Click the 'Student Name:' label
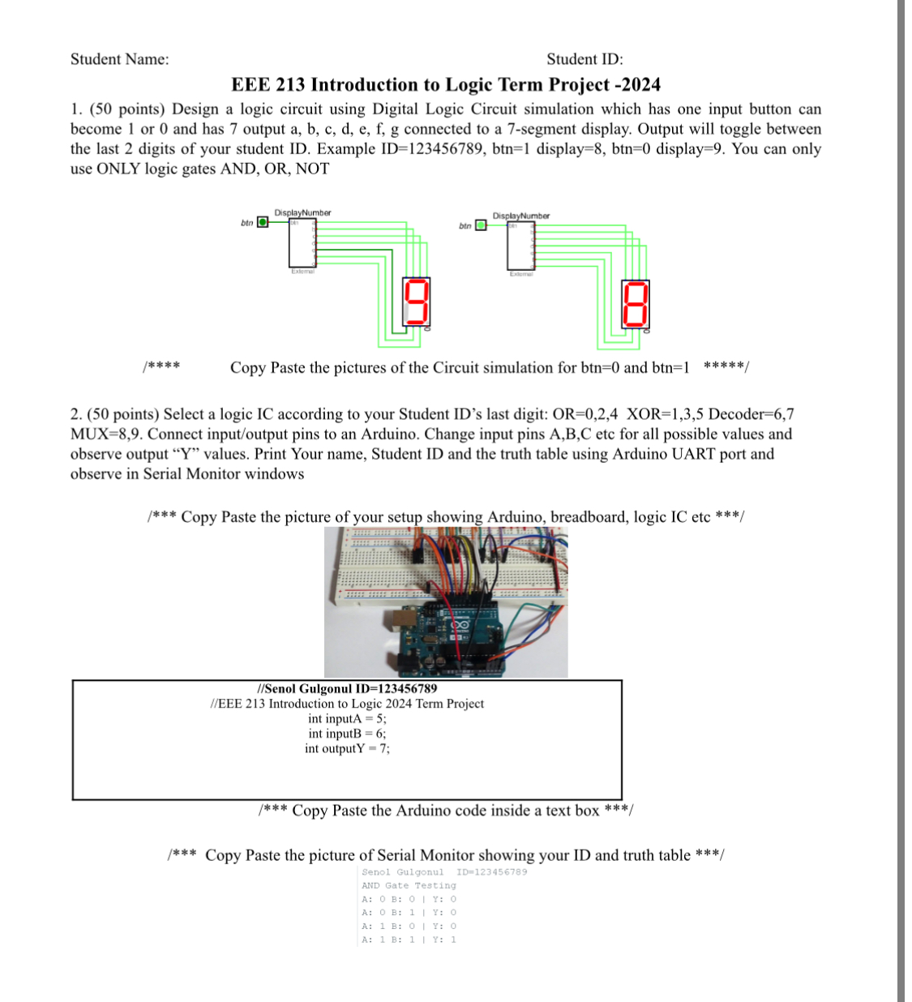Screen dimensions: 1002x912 pos(119,59)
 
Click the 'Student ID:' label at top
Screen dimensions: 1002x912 pos(584,59)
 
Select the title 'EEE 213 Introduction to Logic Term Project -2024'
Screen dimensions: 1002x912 pos(445,85)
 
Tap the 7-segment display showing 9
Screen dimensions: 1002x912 pos(416,302)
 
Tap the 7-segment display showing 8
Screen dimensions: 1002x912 pos(635,303)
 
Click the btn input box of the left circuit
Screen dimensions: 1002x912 pos(263,222)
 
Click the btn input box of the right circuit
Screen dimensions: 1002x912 pos(481,225)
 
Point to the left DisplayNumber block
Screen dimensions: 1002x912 pos(302,242)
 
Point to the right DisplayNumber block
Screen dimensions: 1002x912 pos(520,246)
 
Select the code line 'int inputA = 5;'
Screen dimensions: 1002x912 pos(347,718)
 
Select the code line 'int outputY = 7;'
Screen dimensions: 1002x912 pos(347,748)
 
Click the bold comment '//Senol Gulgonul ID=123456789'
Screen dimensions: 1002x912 pos(347,688)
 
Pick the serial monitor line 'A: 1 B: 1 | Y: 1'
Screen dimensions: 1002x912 pos(409,940)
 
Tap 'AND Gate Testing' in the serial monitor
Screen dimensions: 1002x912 pos(409,885)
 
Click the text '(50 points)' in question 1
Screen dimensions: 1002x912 pos(126,109)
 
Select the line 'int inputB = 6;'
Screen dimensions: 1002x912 pos(347,734)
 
